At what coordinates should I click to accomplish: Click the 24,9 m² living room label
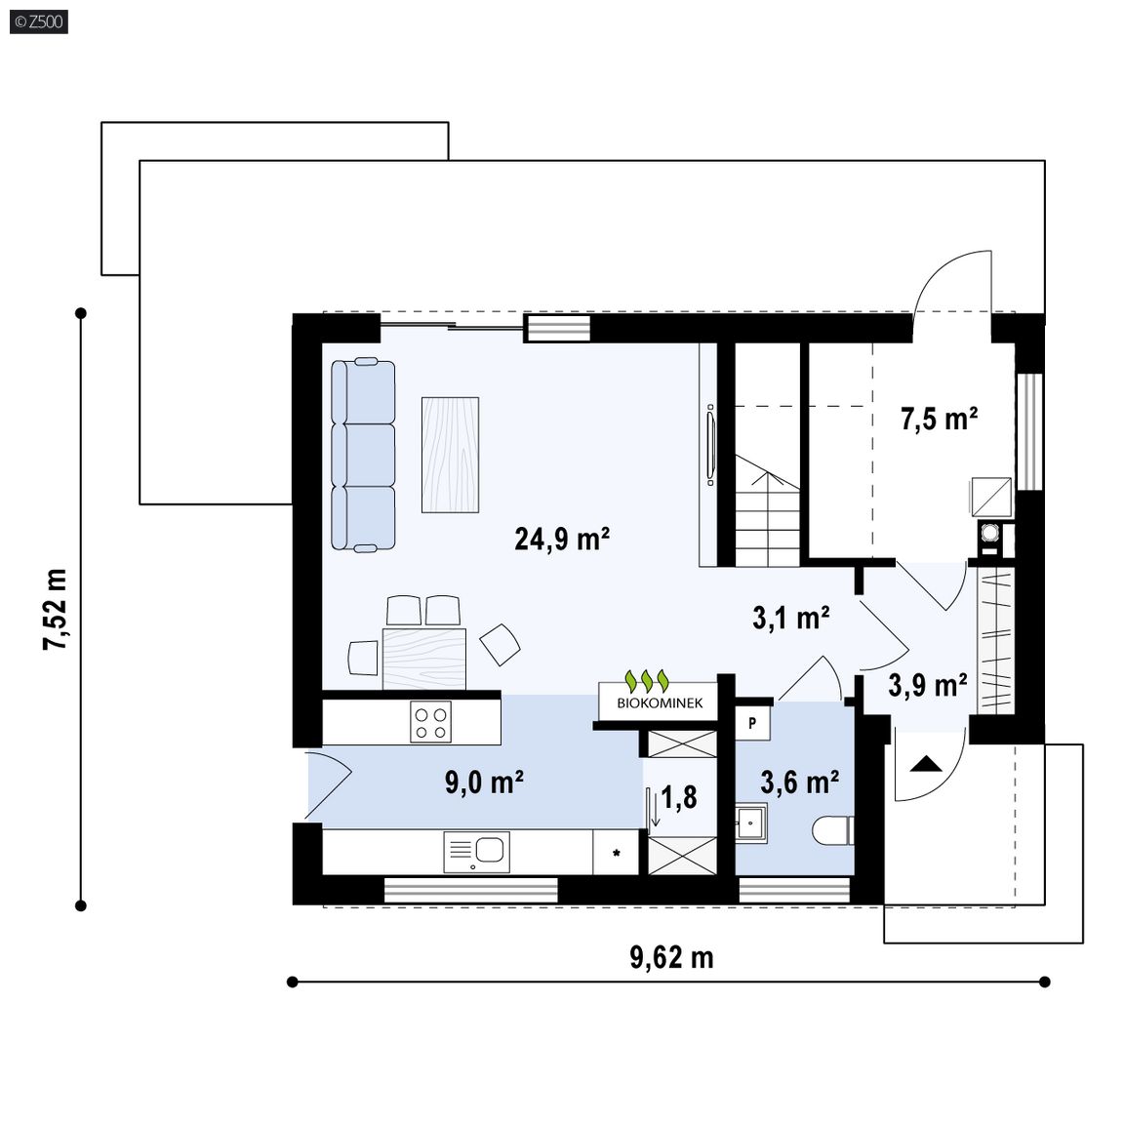[x=562, y=539]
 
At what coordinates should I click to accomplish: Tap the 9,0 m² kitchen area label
[x=484, y=783]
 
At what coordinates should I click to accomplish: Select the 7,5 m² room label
[x=939, y=419]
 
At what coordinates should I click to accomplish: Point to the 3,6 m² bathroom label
[x=799, y=783]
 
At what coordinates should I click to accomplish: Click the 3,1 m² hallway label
[x=791, y=618]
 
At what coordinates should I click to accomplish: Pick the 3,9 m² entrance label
[x=928, y=685]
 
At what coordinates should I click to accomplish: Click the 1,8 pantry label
[x=679, y=797]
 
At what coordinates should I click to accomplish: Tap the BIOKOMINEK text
[x=660, y=703]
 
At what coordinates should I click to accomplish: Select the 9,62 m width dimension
[x=671, y=958]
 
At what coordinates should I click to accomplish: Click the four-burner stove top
[x=430, y=722]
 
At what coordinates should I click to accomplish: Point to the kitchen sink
[x=477, y=852]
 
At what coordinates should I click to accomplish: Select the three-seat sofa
[x=363, y=456]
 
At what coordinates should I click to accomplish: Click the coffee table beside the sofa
[x=450, y=456]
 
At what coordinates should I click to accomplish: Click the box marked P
[x=752, y=723]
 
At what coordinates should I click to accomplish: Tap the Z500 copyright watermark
[x=39, y=21]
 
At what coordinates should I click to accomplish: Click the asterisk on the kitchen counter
[x=616, y=853]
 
